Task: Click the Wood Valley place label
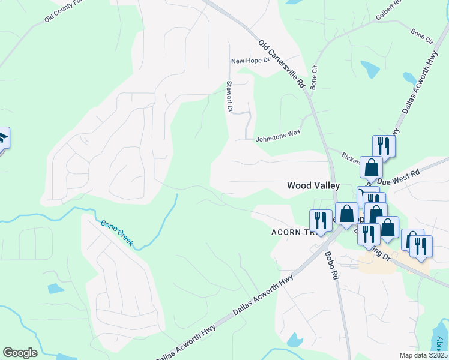pos(313,186)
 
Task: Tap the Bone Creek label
pos(116,233)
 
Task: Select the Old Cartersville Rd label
pos(282,65)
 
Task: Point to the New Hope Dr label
pos(251,61)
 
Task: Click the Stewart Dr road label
pos(229,97)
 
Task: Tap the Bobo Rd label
pos(331,265)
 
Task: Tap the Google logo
pos(20,353)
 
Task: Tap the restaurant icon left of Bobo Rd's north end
pos(321,220)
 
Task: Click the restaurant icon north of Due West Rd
pos(383,146)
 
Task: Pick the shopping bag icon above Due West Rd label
pos(371,167)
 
